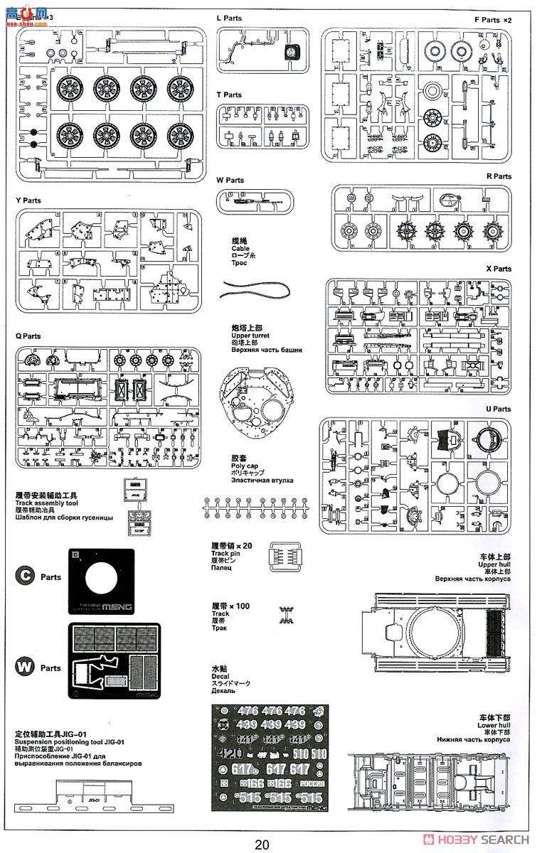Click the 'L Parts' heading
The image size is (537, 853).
[x=229, y=18]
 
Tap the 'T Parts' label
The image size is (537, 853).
[x=229, y=95]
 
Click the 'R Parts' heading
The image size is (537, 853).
[x=499, y=176]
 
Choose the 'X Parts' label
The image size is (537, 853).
[x=499, y=269]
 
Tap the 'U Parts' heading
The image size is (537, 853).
[x=499, y=409]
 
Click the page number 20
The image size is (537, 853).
[x=262, y=844]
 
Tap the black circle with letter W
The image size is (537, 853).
[x=26, y=667]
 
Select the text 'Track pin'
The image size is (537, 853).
[x=228, y=553]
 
